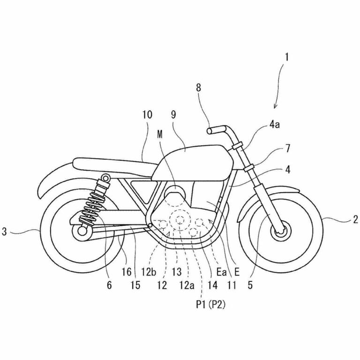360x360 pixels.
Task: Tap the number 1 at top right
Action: tap(287, 58)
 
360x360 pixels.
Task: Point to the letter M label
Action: tap(161, 134)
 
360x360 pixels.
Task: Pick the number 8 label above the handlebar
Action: tap(199, 87)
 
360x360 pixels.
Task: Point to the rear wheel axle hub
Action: tap(82, 231)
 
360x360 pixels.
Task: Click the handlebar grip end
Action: tap(210, 131)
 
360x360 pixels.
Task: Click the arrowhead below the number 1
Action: tap(276, 106)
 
